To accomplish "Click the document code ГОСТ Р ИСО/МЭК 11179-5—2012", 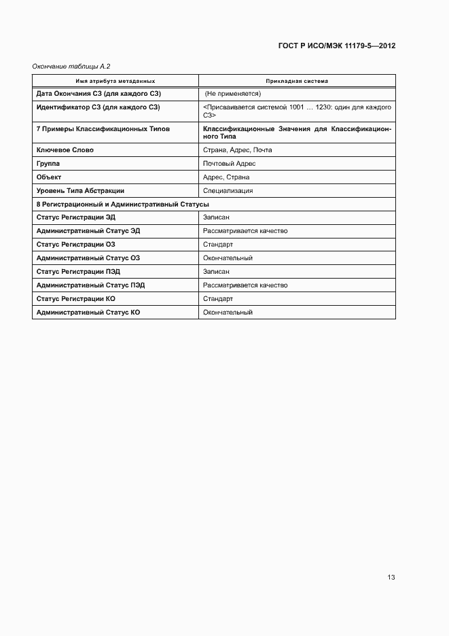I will click(x=337, y=46).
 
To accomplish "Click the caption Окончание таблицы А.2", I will click(x=71, y=66).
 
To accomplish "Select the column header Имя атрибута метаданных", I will click(x=115, y=81).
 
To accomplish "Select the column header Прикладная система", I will click(x=297, y=81).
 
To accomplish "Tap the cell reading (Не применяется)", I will click(x=233, y=94).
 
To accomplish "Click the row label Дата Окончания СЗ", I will click(x=98, y=94).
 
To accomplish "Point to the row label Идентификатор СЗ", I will click(x=98, y=107).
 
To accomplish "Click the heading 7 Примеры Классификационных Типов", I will click(x=103, y=128).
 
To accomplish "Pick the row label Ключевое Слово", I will click(x=65, y=149).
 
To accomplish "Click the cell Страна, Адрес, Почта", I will click(x=237, y=149).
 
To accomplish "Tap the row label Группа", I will click(x=48, y=163).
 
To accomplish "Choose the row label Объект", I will click(x=49, y=177).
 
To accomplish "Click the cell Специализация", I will click(x=228, y=190).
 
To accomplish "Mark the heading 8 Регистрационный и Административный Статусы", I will click(x=122, y=204).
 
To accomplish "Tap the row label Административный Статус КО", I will click(x=88, y=313).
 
